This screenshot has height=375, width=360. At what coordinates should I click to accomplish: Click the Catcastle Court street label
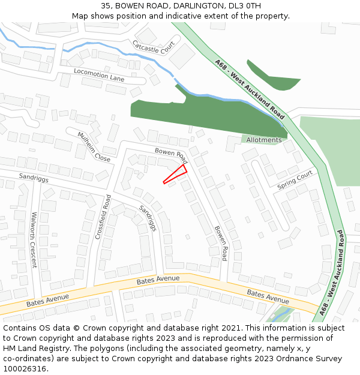154,47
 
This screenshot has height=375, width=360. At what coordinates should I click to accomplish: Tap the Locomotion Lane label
99,74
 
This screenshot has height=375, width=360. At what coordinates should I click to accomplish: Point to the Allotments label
264,140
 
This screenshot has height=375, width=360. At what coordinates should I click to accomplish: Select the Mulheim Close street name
94,146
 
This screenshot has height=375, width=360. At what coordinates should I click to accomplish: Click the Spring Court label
295,179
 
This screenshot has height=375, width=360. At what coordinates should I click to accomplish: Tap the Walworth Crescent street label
34,239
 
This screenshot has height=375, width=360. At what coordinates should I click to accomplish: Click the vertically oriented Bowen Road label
221,243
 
